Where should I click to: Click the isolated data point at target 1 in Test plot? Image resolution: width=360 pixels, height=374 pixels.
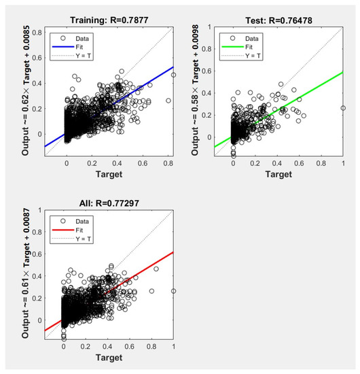tap(343, 108)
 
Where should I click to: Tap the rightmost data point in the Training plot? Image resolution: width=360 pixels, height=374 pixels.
tap(173, 75)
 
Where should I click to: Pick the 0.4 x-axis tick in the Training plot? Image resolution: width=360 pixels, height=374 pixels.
tap(121, 163)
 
